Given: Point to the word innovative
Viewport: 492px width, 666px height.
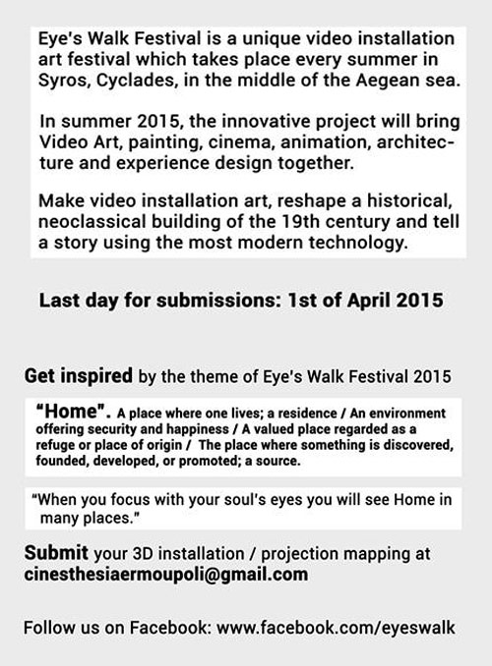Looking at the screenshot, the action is click(x=266, y=121).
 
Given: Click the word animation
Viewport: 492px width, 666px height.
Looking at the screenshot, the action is click(x=326, y=141).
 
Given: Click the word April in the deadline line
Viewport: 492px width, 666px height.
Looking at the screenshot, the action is click(x=369, y=301).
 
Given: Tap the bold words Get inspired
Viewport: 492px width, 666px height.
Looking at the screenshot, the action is click(x=79, y=376).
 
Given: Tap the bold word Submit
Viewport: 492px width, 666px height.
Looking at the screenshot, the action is click(x=56, y=553).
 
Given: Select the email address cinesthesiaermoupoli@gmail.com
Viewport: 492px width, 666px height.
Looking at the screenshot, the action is click(x=166, y=575).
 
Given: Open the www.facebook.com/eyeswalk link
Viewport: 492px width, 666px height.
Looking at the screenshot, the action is click(x=337, y=628).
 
